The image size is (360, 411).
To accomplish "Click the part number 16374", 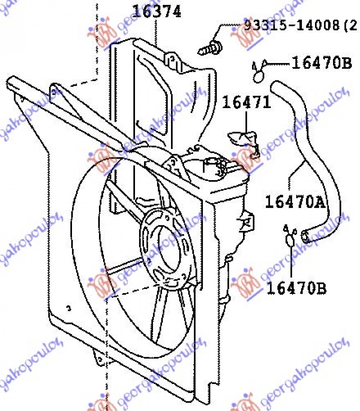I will pyautogui.click(x=157, y=12).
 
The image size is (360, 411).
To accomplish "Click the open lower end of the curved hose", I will pyautogui.click(x=305, y=235).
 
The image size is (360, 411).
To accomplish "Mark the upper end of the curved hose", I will pyautogui.click(x=275, y=86).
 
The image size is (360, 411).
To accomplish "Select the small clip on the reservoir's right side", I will pyautogui.click(x=247, y=221).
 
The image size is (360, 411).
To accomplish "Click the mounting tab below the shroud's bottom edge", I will pyautogui.click(x=98, y=358).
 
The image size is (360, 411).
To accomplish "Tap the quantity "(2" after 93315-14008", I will pyautogui.click(x=350, y=26).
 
